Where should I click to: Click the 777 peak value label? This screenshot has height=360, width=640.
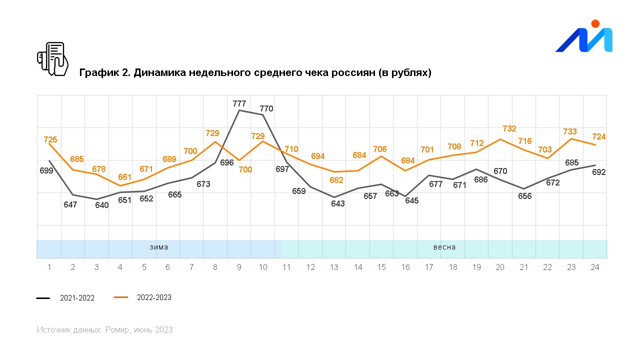[239, 103]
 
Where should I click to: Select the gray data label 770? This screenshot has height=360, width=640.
[266, 108]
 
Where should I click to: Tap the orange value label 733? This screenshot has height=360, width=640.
[570, 131]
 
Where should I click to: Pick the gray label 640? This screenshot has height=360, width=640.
[101, 205]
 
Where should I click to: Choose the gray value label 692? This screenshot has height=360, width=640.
[599, 172]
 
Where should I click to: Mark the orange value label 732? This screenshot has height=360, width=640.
[509, 128]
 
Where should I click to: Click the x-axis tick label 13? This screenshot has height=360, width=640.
[334, 267]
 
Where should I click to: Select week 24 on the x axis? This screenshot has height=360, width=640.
[594, 267]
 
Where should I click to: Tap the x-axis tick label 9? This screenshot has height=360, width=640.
[239, 267]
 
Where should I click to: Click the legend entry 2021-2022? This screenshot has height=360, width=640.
[77, 298]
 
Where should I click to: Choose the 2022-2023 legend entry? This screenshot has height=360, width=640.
[154, 297]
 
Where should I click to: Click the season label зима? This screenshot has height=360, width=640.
[159, 247]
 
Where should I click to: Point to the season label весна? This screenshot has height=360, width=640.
[444, 247]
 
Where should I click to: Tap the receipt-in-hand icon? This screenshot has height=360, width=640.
[52, 58]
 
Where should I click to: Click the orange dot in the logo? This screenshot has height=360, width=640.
[595, 23]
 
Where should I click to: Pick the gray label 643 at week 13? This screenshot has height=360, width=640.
[338, 203]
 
